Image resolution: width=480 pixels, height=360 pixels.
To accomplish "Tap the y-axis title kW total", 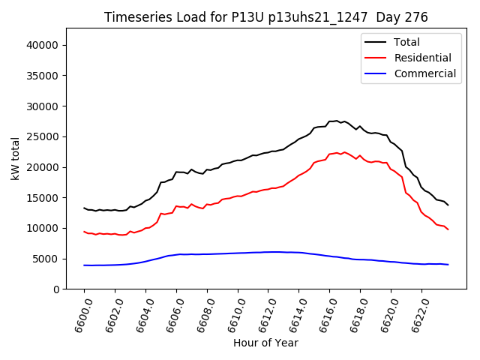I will (x=15, y=158).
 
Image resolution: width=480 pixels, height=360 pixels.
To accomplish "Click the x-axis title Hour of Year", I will (x=265, y=343).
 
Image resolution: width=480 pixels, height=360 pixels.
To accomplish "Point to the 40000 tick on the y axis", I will (x=44, y=45).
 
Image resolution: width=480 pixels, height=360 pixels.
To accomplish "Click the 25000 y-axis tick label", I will (x=44, y=136).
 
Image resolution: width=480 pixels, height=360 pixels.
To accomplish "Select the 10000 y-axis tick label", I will (x=44, y=228).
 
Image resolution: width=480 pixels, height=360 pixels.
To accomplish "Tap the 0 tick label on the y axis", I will (x=57, y=289).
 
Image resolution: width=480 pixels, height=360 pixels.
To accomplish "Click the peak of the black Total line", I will (x=337, y=120).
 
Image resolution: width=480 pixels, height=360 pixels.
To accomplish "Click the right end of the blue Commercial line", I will (x=448, y=265).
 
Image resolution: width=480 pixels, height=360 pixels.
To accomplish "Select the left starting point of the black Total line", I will (x=84, y=208).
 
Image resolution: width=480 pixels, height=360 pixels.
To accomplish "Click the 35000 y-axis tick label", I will (x=44, y=75).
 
